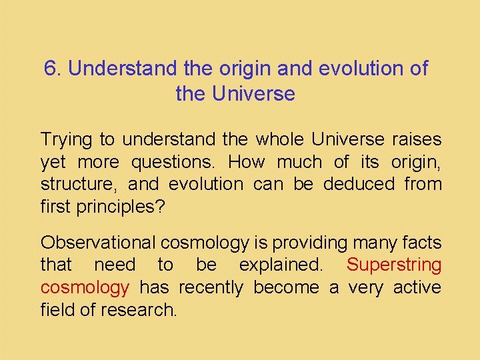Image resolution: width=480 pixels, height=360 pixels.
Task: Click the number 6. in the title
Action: [53, 69]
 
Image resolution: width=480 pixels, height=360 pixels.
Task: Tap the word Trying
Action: [67, 140]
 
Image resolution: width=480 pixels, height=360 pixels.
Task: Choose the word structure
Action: [77, 184]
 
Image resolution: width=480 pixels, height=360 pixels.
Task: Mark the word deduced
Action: [359, 184]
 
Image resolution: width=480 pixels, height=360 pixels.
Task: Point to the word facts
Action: [421, 243]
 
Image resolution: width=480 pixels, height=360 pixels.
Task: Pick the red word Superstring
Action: [394, 265]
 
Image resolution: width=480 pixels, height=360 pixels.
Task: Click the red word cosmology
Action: [85, 287]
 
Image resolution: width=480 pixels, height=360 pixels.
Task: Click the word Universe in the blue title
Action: [253, 94]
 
